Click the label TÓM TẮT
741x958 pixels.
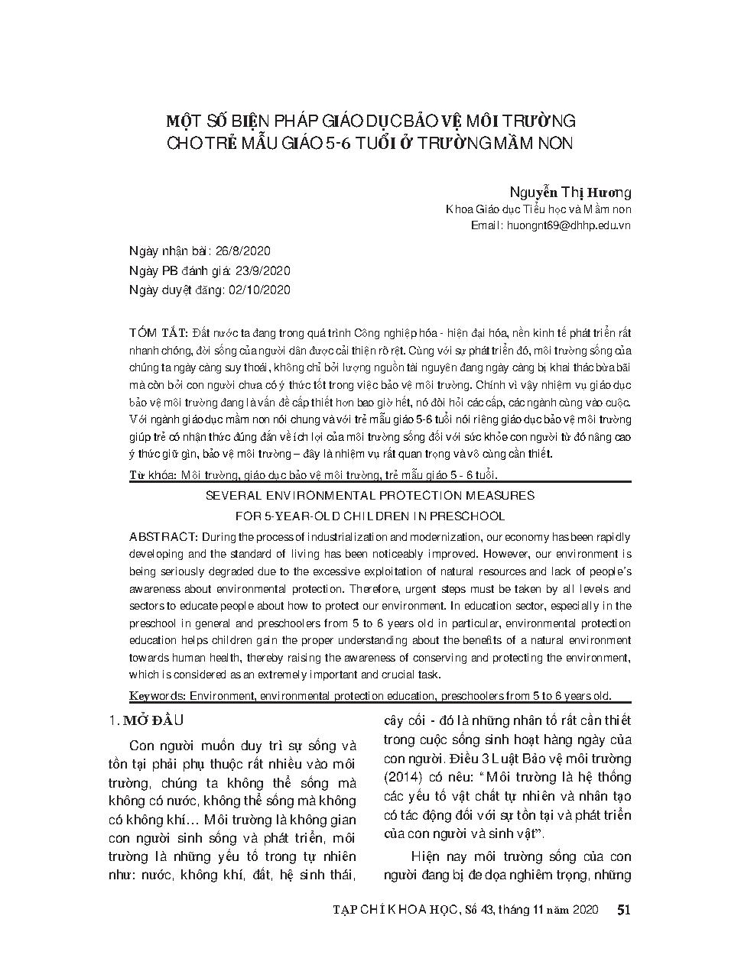159,333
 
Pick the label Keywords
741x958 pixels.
158,696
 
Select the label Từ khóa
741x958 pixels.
153,475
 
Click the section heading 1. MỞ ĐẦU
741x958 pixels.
146,720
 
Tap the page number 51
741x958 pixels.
623,909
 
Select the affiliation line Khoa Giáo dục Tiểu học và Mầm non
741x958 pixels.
538,210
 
